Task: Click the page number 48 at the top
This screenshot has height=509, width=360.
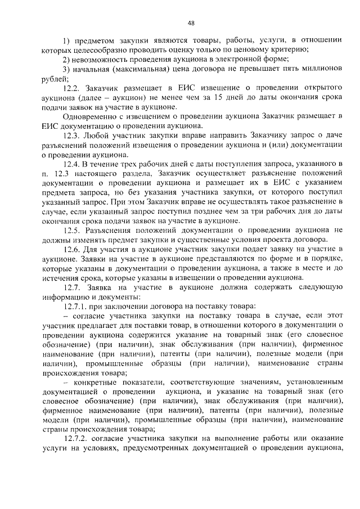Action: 191,23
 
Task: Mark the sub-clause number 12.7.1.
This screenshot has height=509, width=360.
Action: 77,306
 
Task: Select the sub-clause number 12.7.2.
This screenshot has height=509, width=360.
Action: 77,439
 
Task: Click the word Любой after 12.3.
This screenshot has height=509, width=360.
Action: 97,136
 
